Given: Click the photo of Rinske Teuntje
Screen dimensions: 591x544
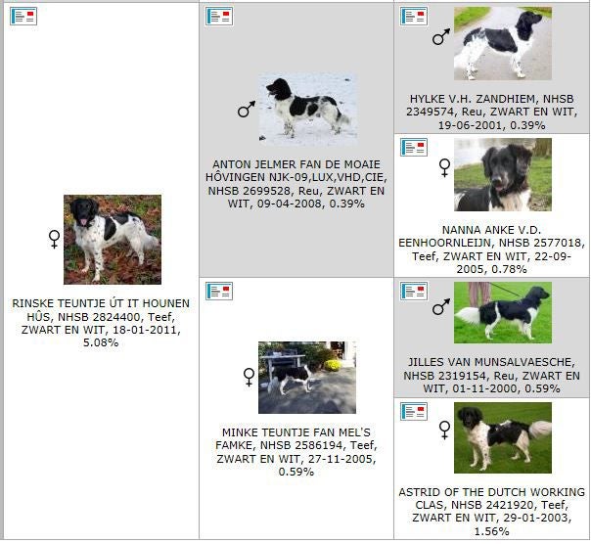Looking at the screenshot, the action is [x=113, y=240].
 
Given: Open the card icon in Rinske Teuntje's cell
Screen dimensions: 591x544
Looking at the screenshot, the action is [x=23, y=17].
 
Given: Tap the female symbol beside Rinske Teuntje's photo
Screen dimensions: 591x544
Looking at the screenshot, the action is [x=54, y=239].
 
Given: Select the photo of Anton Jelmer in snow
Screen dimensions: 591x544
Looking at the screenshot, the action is [x=307, y=110].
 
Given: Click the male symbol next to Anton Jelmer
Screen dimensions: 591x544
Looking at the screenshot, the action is [x=247, y=109].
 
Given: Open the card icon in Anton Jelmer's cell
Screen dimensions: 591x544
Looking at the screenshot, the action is [x=219, y=17].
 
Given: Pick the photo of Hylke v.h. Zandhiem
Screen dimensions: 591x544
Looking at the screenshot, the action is [x=503, y=43].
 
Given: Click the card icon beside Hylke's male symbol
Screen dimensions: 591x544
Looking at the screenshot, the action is [x=414, y=17].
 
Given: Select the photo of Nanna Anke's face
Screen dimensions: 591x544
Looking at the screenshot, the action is [x=503, y=174].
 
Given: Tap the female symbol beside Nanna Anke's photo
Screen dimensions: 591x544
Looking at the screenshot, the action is [x=445, y=167].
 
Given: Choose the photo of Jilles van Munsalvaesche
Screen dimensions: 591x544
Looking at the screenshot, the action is [x=503, y=312].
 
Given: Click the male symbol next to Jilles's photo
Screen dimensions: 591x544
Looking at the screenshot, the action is [x=441, y=306].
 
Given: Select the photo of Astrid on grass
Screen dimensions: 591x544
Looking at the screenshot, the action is [x=503, y=437].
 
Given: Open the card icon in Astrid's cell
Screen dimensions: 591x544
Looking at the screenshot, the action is [x=414, y=411].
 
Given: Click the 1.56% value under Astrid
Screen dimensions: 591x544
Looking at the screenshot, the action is [x=491, y=531].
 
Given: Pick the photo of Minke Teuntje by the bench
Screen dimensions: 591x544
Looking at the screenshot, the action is [x=307, y=378].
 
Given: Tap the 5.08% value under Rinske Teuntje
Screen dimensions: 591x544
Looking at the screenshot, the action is [x=101, y=342].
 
